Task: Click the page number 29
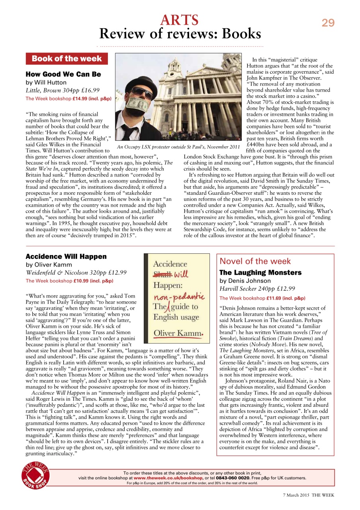pos(328,23)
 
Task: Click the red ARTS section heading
pos(179,20)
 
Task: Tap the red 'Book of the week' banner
pos(67,59)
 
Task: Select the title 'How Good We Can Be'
pos(63,74)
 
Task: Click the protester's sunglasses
pos(143,93)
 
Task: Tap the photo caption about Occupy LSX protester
pos(178,147)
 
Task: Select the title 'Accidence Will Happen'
pos(66,256)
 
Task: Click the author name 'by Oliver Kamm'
pos(49,265)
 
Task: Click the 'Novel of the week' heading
pos(255,261)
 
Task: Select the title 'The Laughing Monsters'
pos(260,273)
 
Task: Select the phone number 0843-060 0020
pos(233,478)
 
